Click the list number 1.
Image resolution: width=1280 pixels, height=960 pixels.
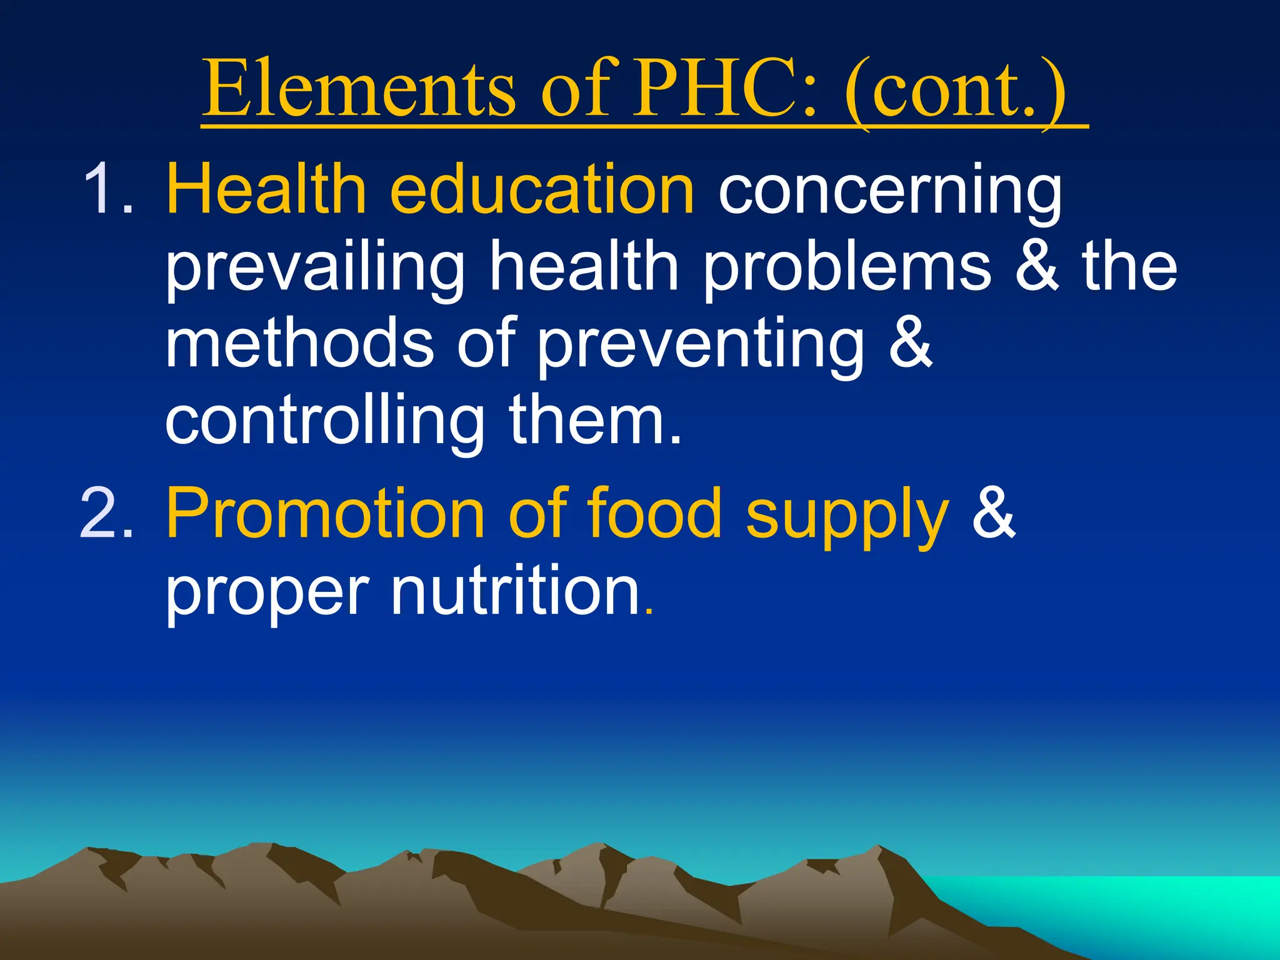[106, 189]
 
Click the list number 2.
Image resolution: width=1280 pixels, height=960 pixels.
[106, 514]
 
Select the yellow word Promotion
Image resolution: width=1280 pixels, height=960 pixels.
[325, 514]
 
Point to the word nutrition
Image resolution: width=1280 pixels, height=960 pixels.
[516, 591]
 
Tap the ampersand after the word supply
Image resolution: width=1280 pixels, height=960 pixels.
[993, 514]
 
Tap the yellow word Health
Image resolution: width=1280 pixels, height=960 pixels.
[266, 189]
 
